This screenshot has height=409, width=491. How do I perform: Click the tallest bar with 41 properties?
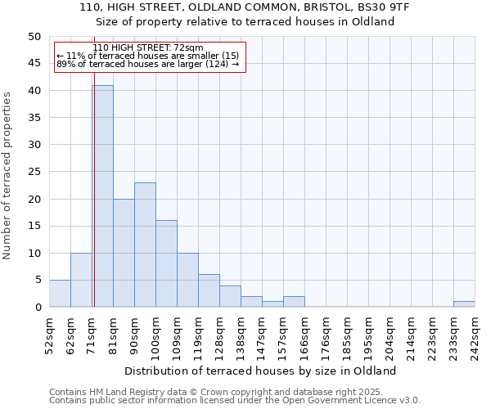(x=102, y=196)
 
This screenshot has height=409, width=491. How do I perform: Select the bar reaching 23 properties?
(x=145, y=245)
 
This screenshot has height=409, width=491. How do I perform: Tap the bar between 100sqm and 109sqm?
(x=166, y=263)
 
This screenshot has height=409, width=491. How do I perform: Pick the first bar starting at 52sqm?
(x=60, y=294)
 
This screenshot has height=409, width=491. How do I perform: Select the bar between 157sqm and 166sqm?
(x=294, y=302)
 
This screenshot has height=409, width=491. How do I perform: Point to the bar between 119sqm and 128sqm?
(x=209, y=290)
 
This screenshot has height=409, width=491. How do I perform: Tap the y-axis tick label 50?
(x=34, y=37)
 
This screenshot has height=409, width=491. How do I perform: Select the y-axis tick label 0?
(x=38, y=308)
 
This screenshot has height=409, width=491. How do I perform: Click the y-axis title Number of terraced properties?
(x=7, y=175)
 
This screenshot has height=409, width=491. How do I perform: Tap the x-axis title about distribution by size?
(x=261, y=371)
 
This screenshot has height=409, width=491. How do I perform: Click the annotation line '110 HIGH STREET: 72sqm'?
(x=148, y=48)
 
